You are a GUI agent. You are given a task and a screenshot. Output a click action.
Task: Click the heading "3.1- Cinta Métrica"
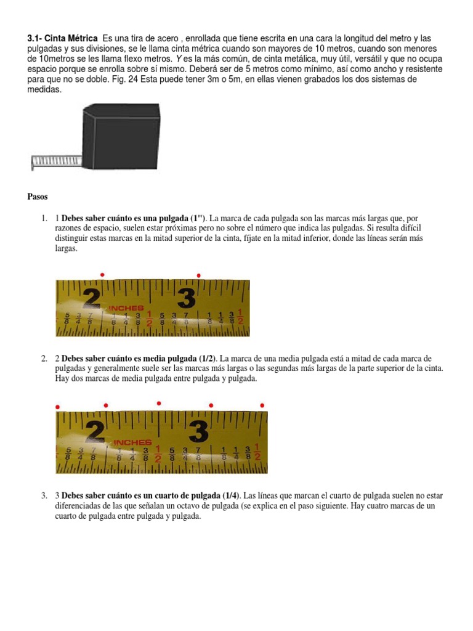(62, 38)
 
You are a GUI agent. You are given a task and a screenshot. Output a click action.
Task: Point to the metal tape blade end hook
(32, 163)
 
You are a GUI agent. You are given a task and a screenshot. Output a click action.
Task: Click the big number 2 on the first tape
(92, 298)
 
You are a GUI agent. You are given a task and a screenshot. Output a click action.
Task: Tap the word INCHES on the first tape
(126, 307)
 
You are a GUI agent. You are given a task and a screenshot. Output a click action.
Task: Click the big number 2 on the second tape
(95, 431)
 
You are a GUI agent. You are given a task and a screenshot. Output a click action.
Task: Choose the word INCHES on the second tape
(132, 442)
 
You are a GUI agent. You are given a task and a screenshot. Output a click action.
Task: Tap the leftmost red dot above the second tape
(57, 407)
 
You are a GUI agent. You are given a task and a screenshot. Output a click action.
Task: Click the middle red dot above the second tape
(159, 403)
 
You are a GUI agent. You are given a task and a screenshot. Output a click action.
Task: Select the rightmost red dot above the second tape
(262, 405)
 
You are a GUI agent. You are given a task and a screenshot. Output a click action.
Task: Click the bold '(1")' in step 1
(198, 218)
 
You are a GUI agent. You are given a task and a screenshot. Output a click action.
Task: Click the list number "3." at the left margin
(45, 496)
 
